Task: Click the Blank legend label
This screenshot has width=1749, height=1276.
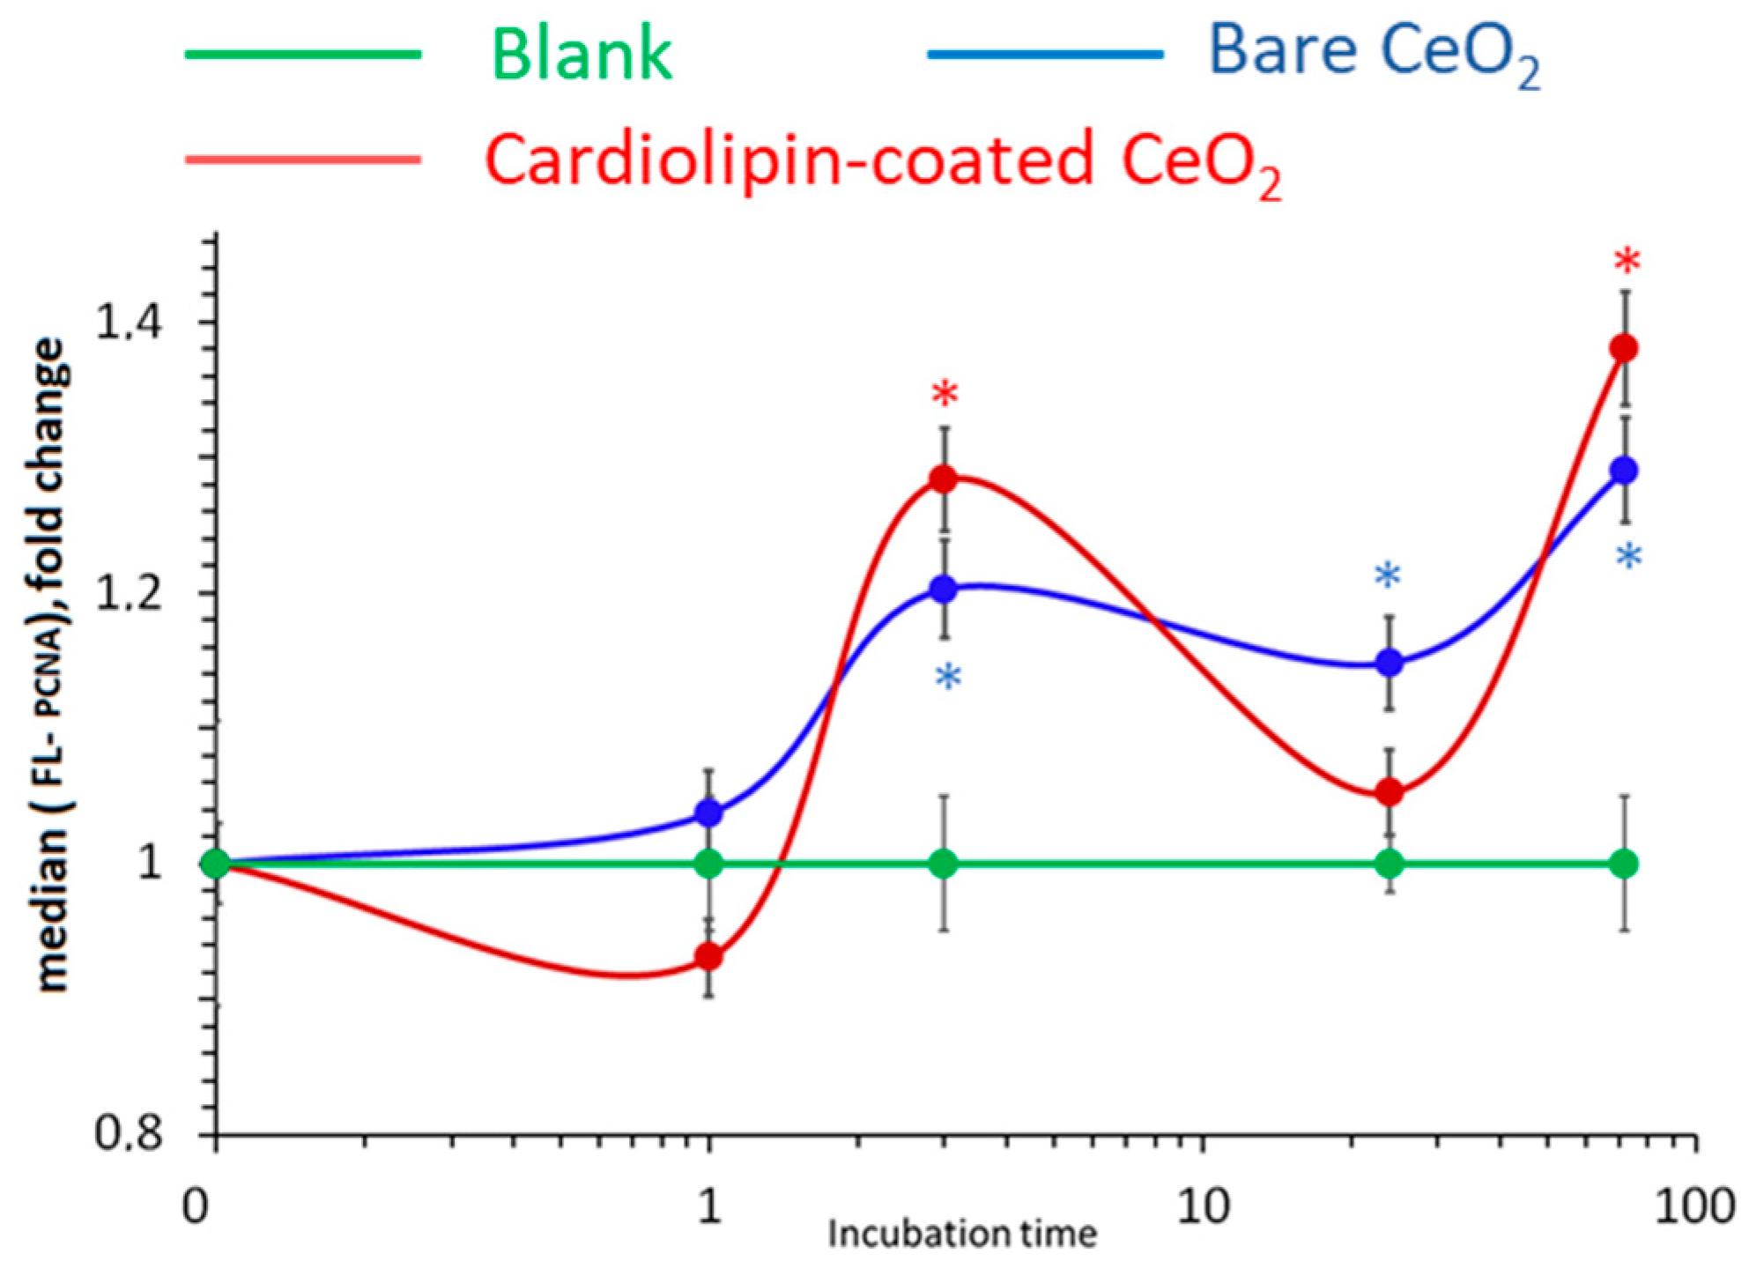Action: click(x=582, y=56)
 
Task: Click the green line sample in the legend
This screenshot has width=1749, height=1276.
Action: click(x=303, y=55)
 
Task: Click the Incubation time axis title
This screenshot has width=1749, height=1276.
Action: click(x=962, y=1234)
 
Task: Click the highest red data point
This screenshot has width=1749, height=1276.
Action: click(x=1624, y=349)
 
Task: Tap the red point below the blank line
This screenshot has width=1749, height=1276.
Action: click(x=709, y=957)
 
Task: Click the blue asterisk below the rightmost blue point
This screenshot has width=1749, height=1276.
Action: click(x=1629, y=558)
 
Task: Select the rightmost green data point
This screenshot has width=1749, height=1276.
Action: click(x=1624, y=864)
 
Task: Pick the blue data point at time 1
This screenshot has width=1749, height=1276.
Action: click(x=709, y=813)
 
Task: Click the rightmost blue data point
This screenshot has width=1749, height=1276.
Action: click(x=1624, y=471)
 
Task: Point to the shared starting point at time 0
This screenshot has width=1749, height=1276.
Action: click(x=216, y=864)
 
